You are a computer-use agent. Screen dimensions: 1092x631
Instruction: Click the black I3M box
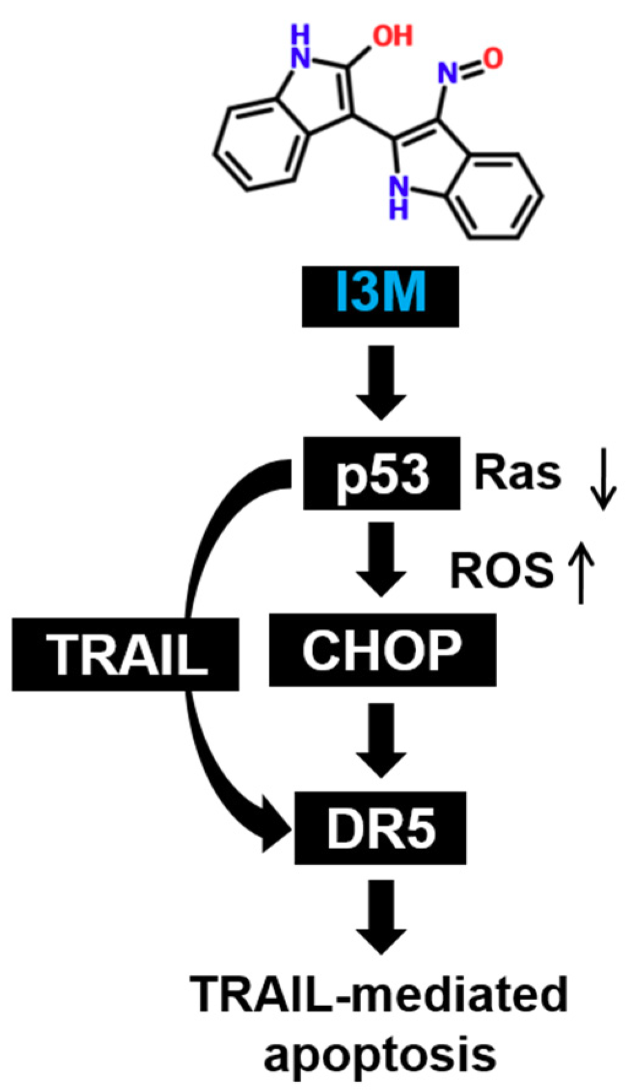[x=380, y=296]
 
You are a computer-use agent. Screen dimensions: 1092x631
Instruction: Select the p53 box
[x=381, y=473]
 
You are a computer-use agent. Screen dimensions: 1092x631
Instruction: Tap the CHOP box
[x=382, y=650]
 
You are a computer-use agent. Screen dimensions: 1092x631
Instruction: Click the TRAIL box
[x=126, y=655]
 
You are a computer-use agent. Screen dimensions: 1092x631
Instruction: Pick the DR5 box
[x=380, y=828]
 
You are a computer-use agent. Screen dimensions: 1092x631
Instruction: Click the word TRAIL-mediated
[x=380, y=994]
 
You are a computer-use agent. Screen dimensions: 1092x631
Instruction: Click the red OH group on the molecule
[x=393, y=36]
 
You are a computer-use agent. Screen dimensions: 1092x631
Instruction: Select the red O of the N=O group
[x=493, y=58]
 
